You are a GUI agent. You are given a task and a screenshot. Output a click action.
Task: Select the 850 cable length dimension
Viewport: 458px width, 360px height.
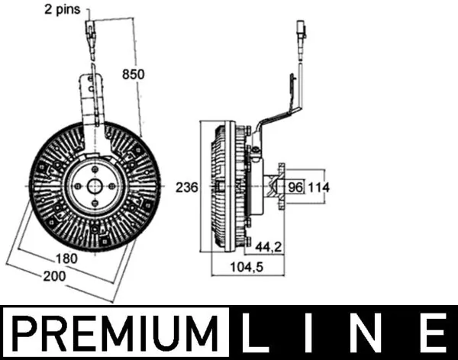pos(133,74)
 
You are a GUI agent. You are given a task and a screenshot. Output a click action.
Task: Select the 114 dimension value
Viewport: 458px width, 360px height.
pos(320,186)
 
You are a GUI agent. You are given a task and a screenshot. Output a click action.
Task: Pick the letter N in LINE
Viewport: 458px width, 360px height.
pos(369,333)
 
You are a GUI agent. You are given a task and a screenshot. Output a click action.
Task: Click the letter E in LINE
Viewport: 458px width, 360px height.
pos(432,333)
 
